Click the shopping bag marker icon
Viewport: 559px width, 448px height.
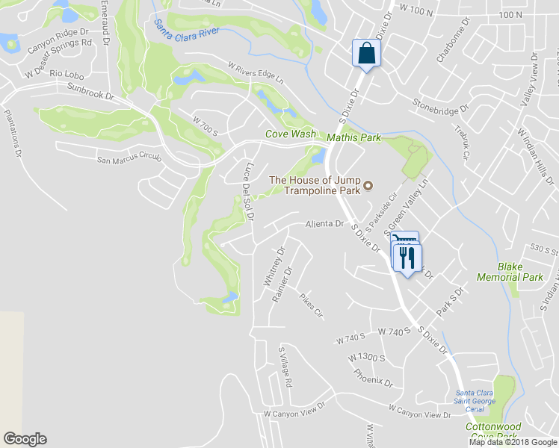click(366, 53)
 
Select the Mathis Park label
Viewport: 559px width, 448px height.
click(353, 137)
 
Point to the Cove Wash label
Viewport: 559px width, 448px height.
click(291, 134)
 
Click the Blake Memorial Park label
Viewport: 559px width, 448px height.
click(520, 272)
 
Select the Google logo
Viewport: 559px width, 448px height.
click(25, 439)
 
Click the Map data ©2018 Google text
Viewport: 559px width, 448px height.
click(512, 442)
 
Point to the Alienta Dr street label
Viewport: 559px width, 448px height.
click(324, 224)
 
